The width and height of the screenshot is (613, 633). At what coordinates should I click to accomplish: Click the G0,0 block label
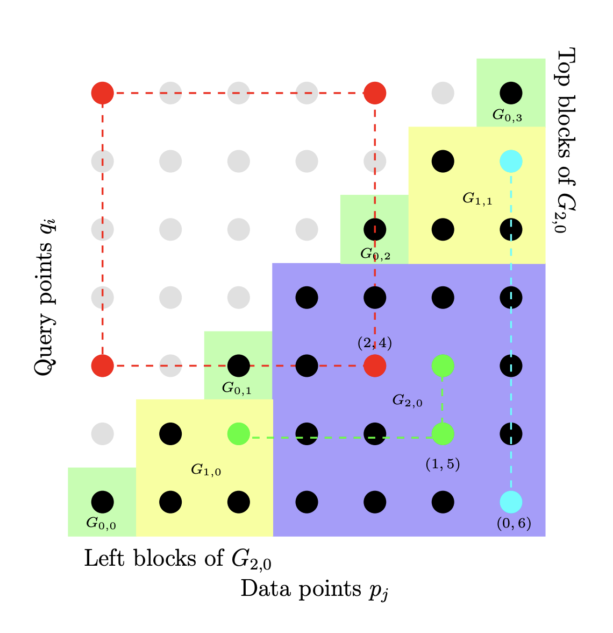(x=101, y=523)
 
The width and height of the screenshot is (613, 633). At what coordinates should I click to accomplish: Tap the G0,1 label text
(x=237, y=388)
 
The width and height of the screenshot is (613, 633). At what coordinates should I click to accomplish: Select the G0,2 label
(x=375, y=254)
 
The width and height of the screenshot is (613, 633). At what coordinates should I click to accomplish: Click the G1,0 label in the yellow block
(x=206, y=470)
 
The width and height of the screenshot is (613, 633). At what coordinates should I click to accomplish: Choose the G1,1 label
(x=477, y=199)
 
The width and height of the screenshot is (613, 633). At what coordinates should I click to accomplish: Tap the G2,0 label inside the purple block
(x=407, y=400)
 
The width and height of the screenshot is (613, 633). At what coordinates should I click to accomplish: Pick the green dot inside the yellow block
(x=239, y=434)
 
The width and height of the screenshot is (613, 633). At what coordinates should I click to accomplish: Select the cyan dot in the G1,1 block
(x=511, y=161)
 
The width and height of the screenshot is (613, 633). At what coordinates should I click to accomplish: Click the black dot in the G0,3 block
(x=511, y=93)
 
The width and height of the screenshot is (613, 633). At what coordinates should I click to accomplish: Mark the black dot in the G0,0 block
(x=102, y=502)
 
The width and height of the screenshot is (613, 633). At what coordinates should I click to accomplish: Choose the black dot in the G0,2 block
(x=375, y=229)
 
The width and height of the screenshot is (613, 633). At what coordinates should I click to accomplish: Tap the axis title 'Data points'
(x=313, y=589)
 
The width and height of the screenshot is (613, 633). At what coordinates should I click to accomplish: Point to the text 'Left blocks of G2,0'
(x=177, y=559)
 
